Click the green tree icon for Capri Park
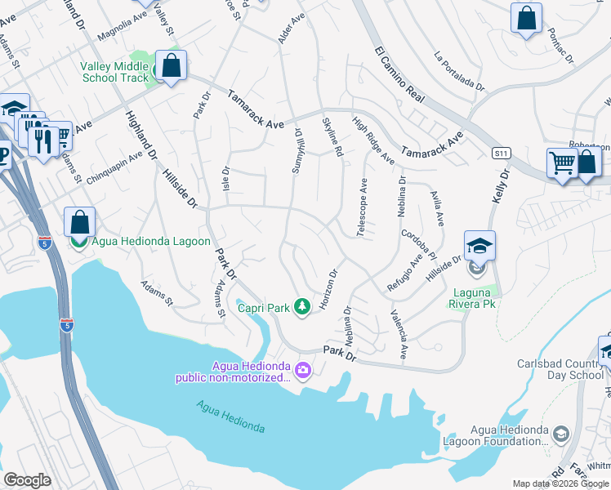tap(303, 307)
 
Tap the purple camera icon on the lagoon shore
tap(303, 371)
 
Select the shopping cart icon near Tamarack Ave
tap(562, 163)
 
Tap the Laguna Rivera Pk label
tap(473, 298)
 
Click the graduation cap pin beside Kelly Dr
tap(479, 246)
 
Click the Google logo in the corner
tap(27, 480)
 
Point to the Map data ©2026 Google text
tap(560, 483)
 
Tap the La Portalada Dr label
tap(460, 71)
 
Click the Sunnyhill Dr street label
tap(298, 151)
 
